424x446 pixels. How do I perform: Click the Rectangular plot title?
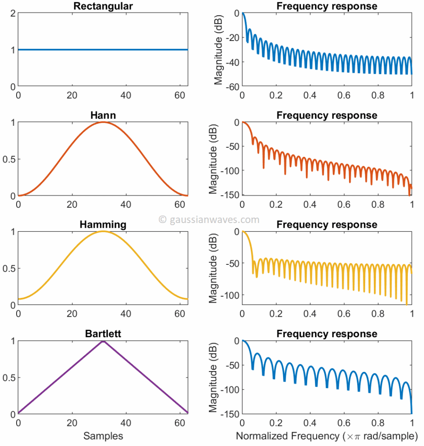pos(103,6)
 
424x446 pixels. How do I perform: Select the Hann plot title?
pos(103,115)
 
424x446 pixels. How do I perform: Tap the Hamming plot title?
pos(103,225)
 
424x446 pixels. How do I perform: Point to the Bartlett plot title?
pos(103,334)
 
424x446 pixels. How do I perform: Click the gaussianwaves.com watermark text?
pos(209,220)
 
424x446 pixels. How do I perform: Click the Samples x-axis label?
pos(103,436)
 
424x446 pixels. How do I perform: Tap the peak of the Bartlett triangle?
pos(103,341)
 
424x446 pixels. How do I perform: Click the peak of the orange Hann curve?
pos(103,122)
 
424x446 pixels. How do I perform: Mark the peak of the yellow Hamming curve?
pos(103,231)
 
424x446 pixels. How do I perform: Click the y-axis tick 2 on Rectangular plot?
pos(13,13)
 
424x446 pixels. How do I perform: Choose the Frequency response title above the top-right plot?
pos(327,6)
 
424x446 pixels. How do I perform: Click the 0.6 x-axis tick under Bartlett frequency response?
pos(344,422)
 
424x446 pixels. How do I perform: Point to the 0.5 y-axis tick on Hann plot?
pos(10,159)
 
